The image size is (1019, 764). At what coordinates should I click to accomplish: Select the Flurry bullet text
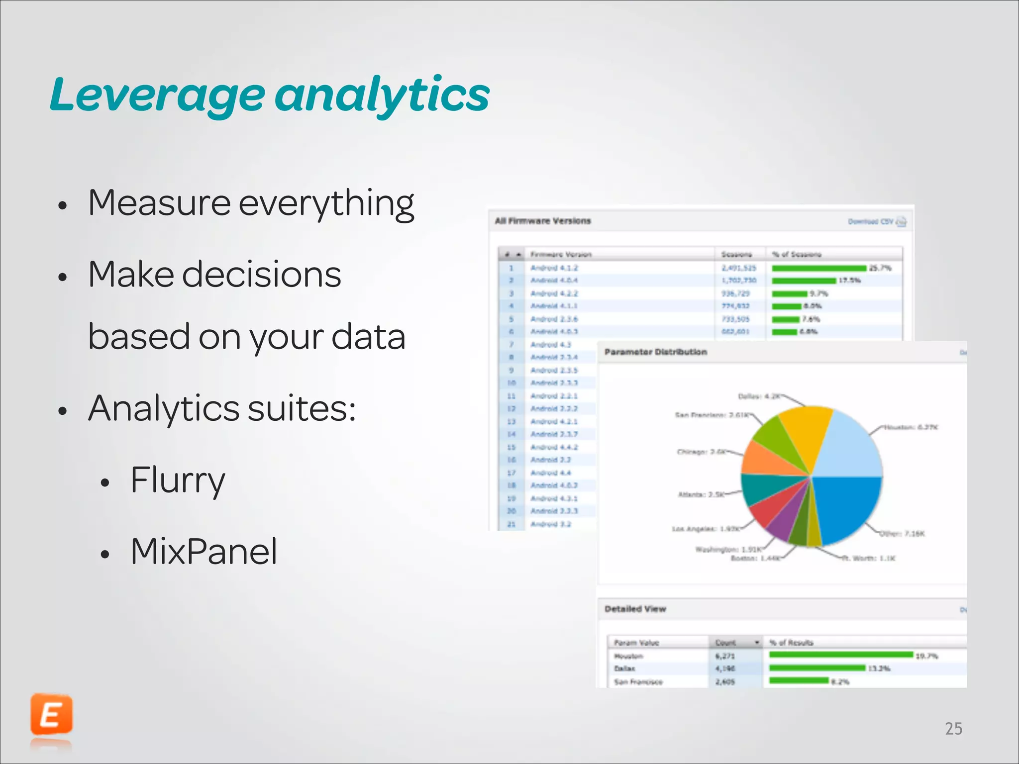click(178, 480)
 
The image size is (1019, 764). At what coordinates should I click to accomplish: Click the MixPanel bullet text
click(204, 552)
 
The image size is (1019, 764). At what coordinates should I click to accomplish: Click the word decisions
click(261, 275)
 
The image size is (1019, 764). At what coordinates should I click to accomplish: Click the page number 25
click(953, 729)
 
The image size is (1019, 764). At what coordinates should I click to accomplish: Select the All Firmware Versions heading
click(542, 221)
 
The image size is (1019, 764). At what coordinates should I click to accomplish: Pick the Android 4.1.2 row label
click(554, 268)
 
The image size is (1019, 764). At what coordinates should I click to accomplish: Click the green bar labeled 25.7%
click(819, 268)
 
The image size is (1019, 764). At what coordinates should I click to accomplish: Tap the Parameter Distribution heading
click(655, 352)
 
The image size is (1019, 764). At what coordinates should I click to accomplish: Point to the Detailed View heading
click(635, 609)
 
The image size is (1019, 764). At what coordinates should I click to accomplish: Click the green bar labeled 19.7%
click(841, 655)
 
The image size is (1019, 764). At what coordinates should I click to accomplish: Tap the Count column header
click(726, 643)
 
